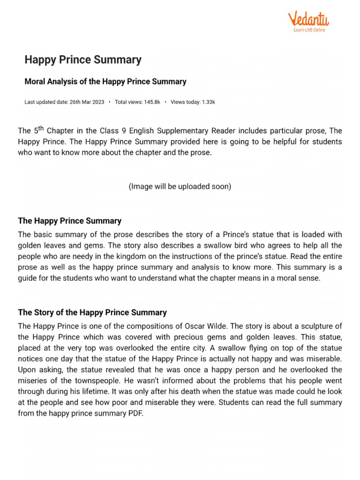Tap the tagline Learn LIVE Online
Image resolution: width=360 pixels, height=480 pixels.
click(x=309, y=30)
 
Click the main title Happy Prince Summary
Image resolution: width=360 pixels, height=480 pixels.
click(x=82, y=60)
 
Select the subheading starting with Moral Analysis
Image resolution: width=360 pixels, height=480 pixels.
click(x=105, y=82)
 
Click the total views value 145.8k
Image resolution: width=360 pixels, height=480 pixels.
click(x=150, y=102)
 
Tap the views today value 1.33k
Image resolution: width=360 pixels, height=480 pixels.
click(x=205, y=102)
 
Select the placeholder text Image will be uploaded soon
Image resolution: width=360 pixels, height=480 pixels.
click(x=180, y=187)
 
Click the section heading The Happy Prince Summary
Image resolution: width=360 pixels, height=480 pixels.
click(x=69, y=221)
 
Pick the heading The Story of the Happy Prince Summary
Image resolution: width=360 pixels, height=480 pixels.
click(x=92, y=313)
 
